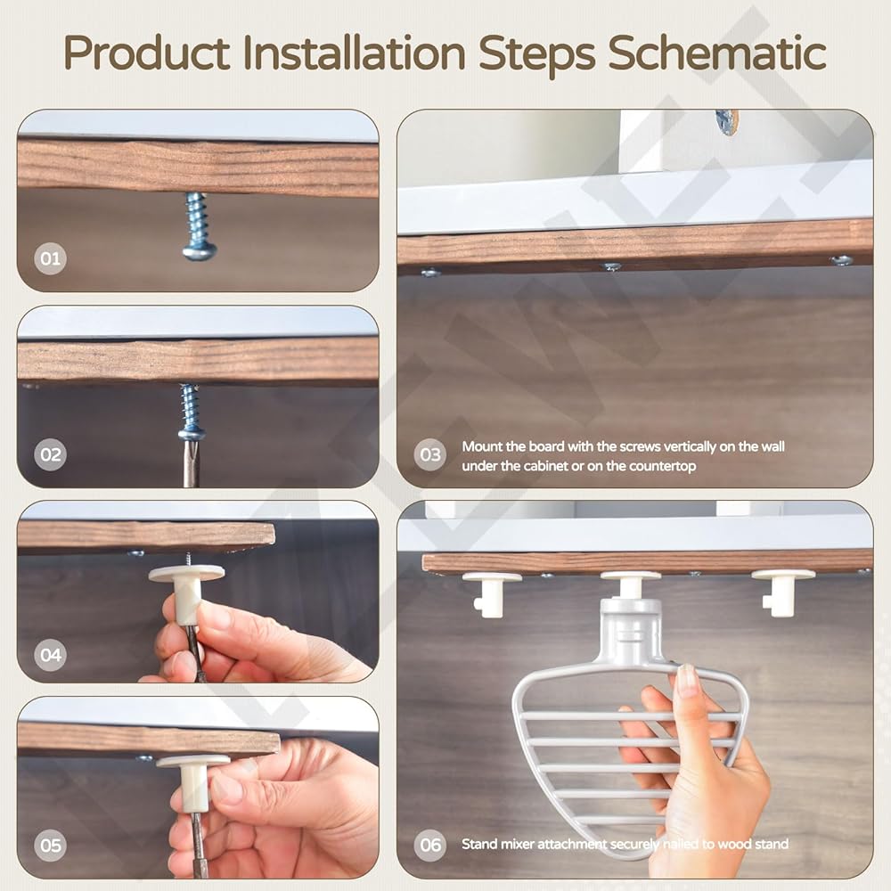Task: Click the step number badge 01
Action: pyautogui.click(x=50, y=258)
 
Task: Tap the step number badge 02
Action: pyautogui.click(x=50, y=454)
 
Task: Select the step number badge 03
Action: pyautogui.click(x=430, y=454)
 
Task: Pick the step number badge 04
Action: pyautogui.click(x=50, y=655)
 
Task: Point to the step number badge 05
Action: pyautogui.click(x=50, y=845)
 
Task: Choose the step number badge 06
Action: pyautogui.click(x=430, y=845)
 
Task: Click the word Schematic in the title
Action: pyautogui.click(x=717, y=53)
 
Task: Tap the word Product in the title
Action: pyautogui.click(x=147, y=53)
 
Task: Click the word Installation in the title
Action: pyautogui.click(x=355, y=53)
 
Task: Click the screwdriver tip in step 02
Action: pyautogui.click(x=190, y=458)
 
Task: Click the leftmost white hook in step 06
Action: pyautogui.click(x=491, y=593)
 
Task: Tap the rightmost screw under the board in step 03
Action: pyautogui.click(x=841, y=260)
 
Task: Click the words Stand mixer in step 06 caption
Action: pyautogui.click(x=498, y=844)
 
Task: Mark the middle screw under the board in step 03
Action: pyautogui.click(x=611, y=266)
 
